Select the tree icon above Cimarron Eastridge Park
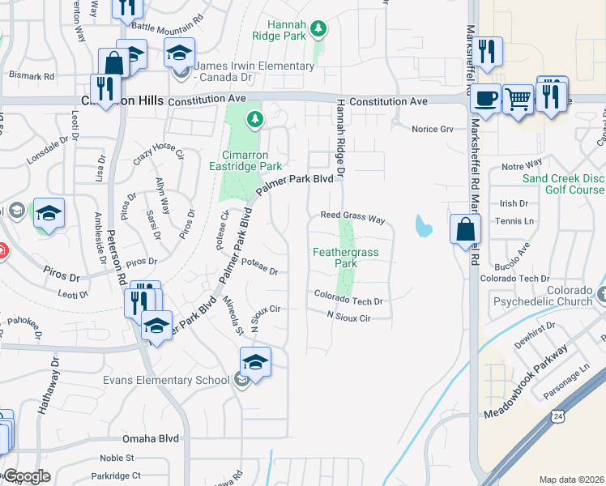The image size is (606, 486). point(256,121)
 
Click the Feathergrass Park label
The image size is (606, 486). point(346,258)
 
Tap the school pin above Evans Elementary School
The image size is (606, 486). point(254,362)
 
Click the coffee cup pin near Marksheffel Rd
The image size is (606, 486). point(485,99)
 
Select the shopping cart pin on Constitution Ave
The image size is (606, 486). point(519,100)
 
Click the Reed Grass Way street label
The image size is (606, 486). point(352,216)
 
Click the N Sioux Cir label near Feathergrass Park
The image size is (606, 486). point(348,318)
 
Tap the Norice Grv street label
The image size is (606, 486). point(432,130)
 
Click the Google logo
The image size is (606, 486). point(27,476)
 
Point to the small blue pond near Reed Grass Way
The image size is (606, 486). point(422,227)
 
